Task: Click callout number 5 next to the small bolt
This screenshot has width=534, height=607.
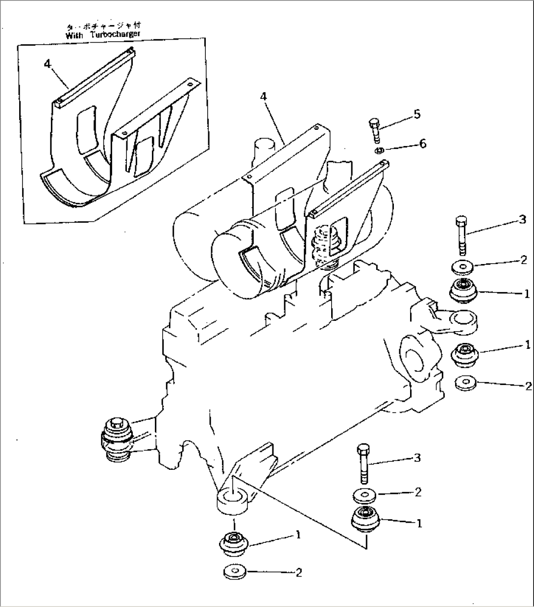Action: [416, 114]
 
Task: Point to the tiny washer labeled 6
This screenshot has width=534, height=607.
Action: [379, 150]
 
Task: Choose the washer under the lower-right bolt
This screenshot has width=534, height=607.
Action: [364, 495]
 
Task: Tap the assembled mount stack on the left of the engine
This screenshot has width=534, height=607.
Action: [117, 438]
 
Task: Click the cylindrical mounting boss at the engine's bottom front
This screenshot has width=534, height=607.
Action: [234, 502]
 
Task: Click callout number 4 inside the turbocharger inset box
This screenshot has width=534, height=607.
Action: [47, 63]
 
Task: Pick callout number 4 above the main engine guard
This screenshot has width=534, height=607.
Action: [264, 97]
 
